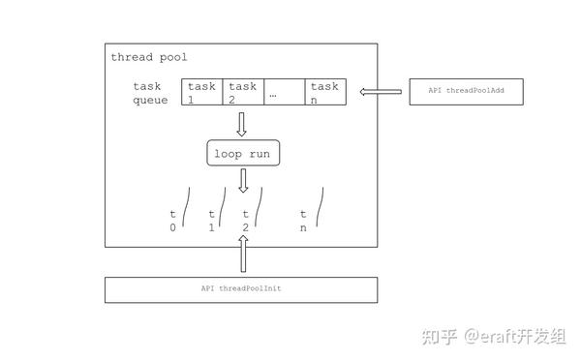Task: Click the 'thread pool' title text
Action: click(148, 58)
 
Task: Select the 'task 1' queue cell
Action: click(201, 93)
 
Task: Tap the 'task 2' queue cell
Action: click(242, 93)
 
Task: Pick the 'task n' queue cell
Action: click(324, 93)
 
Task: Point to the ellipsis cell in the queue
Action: click(283, 93)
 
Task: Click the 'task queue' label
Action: click(150, 93)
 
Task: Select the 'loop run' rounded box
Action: click(242, 153)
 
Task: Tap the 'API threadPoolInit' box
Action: click(241, 289)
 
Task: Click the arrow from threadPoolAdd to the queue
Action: click(381, 92)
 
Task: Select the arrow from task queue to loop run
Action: click(242, 124)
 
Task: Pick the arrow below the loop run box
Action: click(243, 181)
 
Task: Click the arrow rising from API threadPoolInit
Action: click(243, 256)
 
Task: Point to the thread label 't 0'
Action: click(173, 220)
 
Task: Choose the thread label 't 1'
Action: click(212, 220)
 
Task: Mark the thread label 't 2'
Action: click(246, 220)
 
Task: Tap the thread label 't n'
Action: click(303, 220)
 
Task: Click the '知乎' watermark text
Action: click(436, 336)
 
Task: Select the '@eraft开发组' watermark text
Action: click(512, 336)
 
